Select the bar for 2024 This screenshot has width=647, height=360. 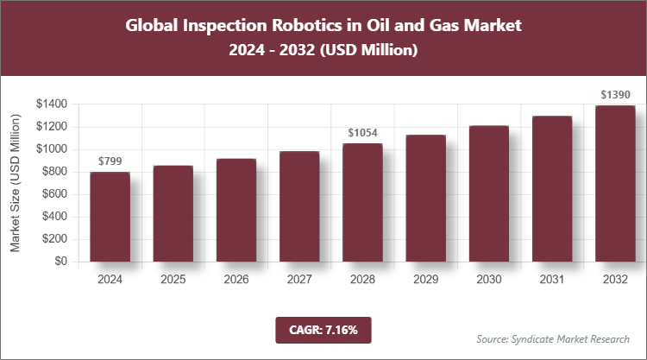tap(110, 217)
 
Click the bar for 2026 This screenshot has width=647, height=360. tap(236, 210)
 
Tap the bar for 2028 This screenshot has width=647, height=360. tap(362, 202)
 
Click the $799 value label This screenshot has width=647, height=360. tap(110, 161)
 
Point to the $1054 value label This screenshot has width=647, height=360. tap(362, 133)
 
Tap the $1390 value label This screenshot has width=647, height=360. tap(614, 93)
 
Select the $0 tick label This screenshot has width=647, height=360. tap(60, 261)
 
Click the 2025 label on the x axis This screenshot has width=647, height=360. tap(173, 280)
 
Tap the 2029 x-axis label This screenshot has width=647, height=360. tap(425, 280)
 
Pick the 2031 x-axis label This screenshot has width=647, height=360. tap(551, 280)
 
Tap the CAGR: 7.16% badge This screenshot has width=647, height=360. tap(323, 329)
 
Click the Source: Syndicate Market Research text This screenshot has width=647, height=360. tap(552, 338)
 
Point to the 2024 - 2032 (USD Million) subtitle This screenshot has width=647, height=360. tap(323, 51)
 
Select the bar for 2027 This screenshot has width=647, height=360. tap(298, 206)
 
